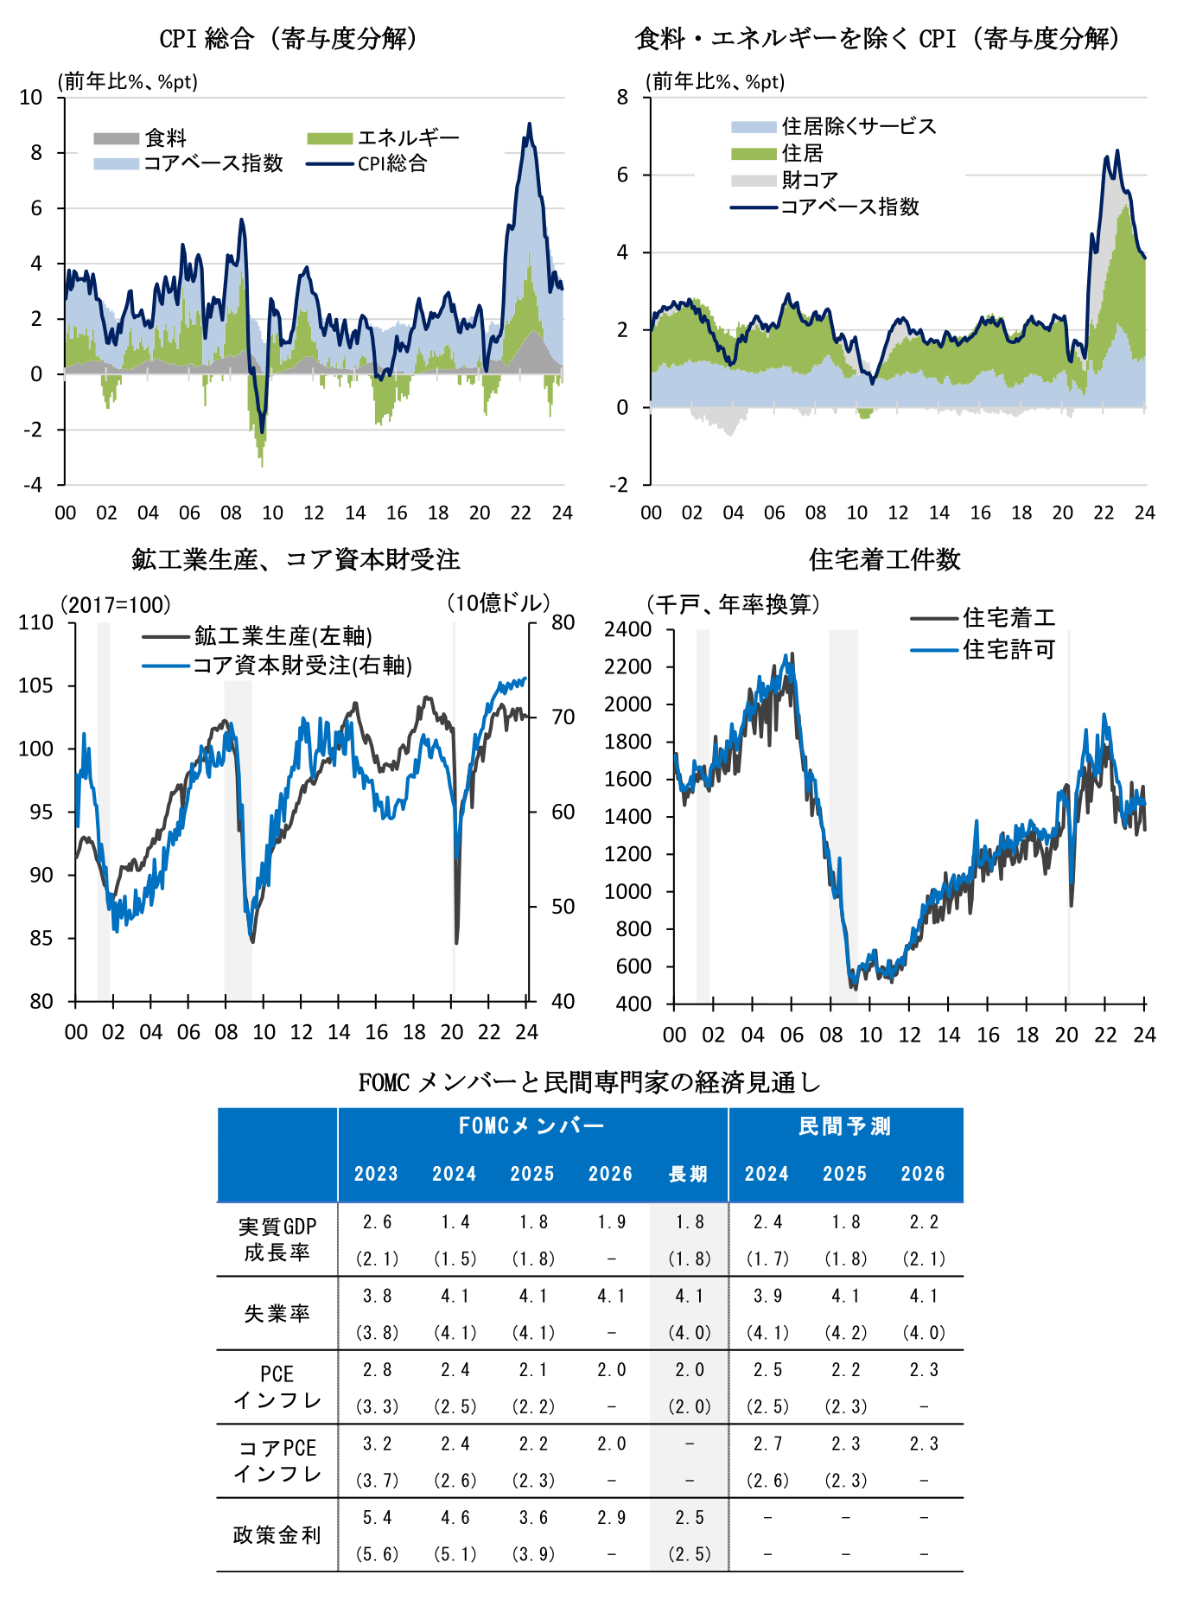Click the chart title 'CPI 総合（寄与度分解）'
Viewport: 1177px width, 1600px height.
289,39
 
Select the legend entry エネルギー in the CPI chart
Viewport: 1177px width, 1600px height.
407,138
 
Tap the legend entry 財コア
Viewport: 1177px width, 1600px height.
809,180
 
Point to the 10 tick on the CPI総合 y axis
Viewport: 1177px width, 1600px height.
31,98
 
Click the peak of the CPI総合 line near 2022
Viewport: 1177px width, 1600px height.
529,124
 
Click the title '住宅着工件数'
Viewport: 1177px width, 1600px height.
884,560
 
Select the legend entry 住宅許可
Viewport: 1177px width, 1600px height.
1008,649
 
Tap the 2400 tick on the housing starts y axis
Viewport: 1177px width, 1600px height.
628,629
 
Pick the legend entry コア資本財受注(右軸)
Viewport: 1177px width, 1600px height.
302,666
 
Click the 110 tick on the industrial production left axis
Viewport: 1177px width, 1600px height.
36,623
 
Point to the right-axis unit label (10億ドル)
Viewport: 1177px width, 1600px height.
498,603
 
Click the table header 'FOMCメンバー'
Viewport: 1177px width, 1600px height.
531,1125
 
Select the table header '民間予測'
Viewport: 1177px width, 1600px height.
844,1125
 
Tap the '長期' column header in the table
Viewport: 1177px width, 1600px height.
688,1174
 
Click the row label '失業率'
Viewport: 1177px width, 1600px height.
277,1314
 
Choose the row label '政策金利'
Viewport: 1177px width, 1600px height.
277,1535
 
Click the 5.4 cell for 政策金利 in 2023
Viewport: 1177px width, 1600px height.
377,1518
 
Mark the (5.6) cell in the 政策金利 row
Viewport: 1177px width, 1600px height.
377,1554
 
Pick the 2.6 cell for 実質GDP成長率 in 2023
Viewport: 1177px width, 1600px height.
377,1222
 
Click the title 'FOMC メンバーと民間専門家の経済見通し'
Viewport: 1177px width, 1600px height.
589,1082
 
